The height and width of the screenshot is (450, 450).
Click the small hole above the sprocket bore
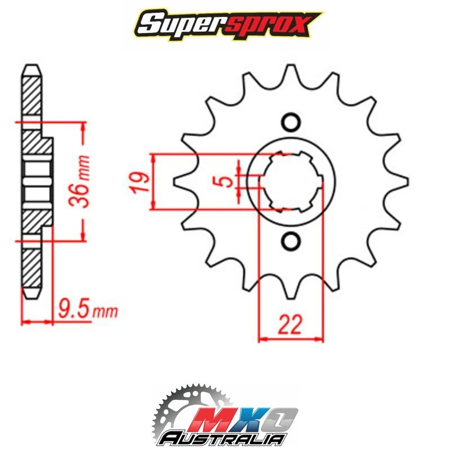tap(291, 122)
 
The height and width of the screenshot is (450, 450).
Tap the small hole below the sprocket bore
tap(291, 241)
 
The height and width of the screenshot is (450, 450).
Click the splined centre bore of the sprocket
tap(291, 181)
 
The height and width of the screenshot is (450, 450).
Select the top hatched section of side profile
tap(31, 94)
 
